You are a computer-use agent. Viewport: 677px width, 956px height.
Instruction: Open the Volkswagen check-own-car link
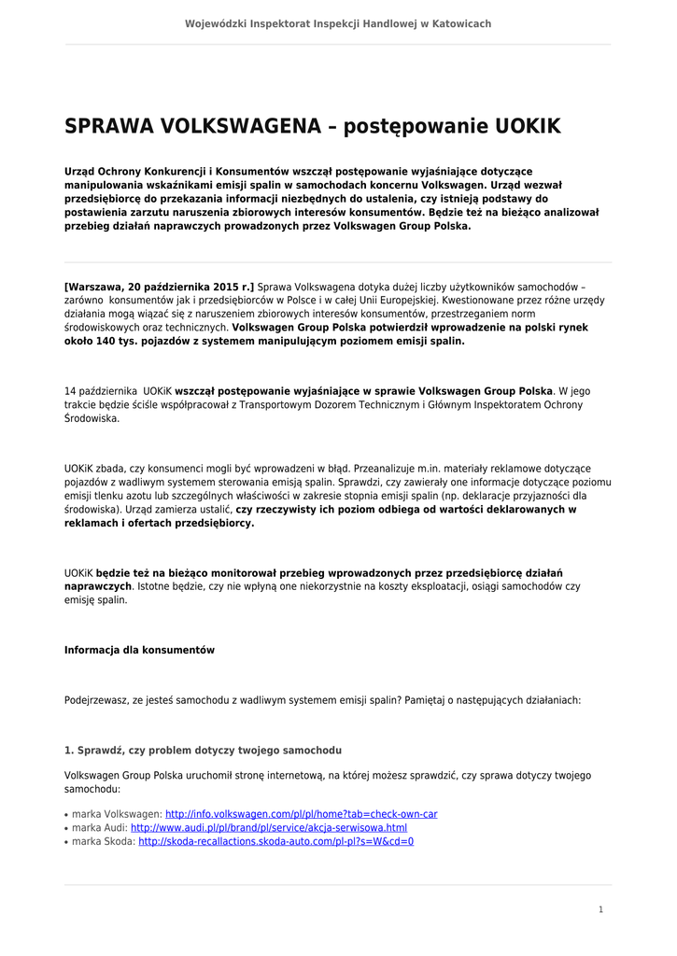coord(301,814)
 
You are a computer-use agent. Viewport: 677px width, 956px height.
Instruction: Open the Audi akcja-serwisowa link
coord(269,827)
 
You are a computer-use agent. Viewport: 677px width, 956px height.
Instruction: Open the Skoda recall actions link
coord(275,841)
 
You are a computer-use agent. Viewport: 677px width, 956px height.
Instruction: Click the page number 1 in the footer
coord(601,909)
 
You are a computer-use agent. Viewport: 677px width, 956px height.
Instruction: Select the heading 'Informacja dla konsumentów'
coord(139,650)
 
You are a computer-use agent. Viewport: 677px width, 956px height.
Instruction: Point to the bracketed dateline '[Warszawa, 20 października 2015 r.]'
coord(159,287)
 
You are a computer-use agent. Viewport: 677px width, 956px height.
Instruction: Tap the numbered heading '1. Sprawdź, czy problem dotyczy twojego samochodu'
coord(203,750)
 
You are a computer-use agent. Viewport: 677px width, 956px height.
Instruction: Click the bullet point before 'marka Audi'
coord(67,828)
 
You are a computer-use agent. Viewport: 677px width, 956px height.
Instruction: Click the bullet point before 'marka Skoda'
coord(67,842)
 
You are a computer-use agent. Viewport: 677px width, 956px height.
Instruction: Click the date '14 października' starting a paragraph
coord(101,390)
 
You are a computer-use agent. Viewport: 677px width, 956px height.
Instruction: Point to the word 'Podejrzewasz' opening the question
coord(95,698)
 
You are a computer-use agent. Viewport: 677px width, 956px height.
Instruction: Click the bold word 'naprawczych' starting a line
coord(97,586)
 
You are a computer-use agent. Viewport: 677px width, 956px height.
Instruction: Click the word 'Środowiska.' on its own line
coord(92,418)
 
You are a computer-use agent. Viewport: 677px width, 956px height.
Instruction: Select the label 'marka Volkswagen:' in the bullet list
coord(117,814)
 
